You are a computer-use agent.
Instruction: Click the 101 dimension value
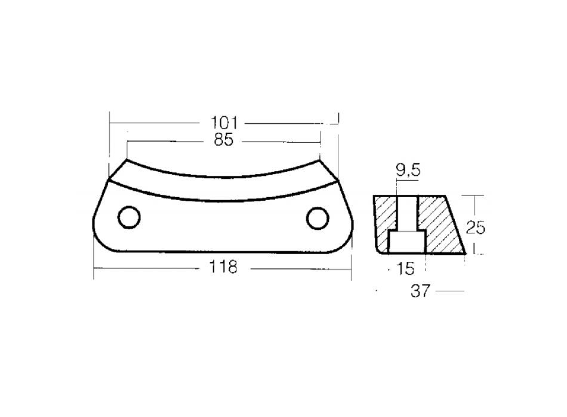coord(224,123)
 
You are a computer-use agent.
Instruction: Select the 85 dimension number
coord(224,140)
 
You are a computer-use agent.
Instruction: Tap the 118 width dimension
coord(223,267)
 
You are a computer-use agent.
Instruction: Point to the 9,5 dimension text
coord(408,170)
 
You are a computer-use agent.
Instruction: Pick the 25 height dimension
coord(475,228)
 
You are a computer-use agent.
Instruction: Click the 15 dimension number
coord(405,269)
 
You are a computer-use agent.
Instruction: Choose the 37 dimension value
coord(421,291)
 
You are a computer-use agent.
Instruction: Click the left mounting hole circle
coord(129,217)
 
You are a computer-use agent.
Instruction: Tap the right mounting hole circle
coord(318,218)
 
